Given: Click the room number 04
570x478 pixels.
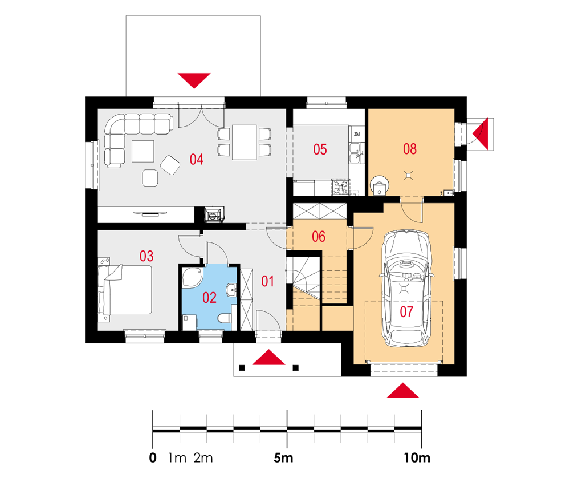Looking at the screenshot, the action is pyautogui.click(x=196, y=159).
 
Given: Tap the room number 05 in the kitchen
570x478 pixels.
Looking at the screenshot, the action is pyautogui.click(x=320, y=149).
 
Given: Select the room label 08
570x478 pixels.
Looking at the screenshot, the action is pyautogui.click(x=410, y=149).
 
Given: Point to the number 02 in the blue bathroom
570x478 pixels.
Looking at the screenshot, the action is pyautogui.click(x=209, y=298).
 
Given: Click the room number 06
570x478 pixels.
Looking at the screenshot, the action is pyautogui.click(x=319, y=237).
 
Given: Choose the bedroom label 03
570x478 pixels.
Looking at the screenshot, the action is pyautogui.click(x=146, y=256).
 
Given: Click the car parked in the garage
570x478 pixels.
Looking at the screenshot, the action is pyautogui.click(x=406, y=288).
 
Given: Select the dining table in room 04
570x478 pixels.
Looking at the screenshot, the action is pyautogui.click(x=245, y=142).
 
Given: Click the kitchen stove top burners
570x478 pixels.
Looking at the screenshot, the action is pyautogui.click(x=340, y=187).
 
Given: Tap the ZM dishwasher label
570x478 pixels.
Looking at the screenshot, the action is pyautogui.click(x=357, y=134).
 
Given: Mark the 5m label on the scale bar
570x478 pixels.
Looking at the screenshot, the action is pyautogui.click(x=283, y=458).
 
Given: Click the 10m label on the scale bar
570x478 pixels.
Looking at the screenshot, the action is pyautogui.click(x=417, y=458).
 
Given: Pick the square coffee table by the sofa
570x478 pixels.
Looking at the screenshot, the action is pyautogui.click(x=143, y=151).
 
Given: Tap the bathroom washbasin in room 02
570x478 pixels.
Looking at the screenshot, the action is pyautogui.click(x=231, y=290).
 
